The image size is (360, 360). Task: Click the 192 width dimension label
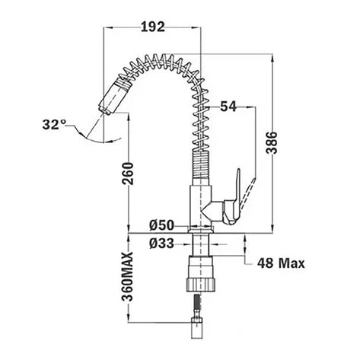pyautogui.click(x=153, y=27)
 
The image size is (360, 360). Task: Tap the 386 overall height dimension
pyautogui.click(x=272, y=142)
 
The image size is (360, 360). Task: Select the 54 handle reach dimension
pyautogui.click(x=228, y=107)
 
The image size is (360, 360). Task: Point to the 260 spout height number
pyautogui.click(x=128, y=174)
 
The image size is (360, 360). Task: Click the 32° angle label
pyautogui.click(x=54, y=125)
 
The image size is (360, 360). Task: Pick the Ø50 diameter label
pyautogui.click(x=161, y=225)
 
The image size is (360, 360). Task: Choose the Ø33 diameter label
pyautogui.click(x=161, y=244)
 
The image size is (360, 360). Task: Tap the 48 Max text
pyautogui.click(x=281, y=263)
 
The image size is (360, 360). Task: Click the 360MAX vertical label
pyautogui.click(x=127, y=276)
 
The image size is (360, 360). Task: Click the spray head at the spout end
pyautogui.click(x=114, y=96)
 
